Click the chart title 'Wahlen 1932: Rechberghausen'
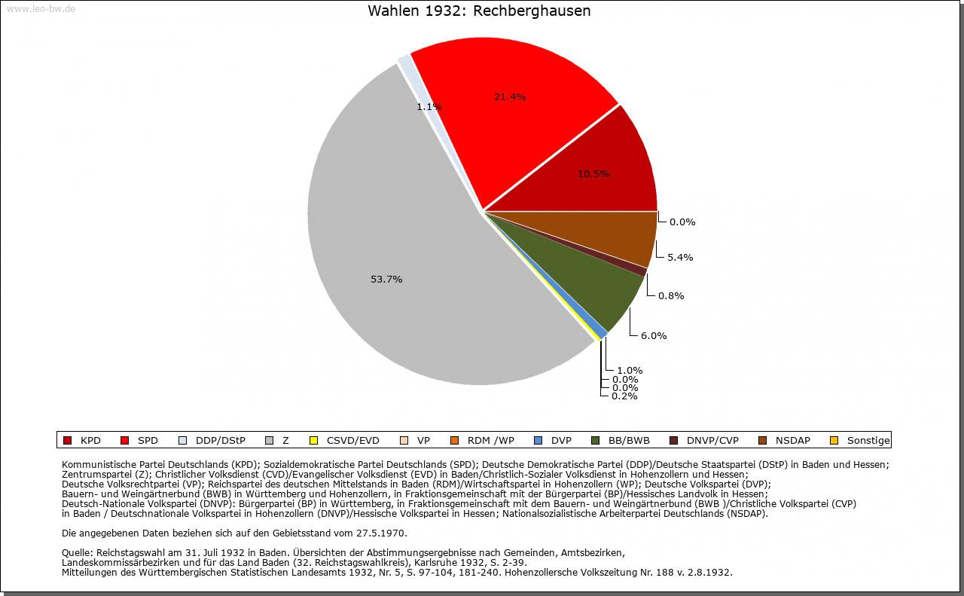[x=479, y=11]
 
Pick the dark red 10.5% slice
[x=602, y=173]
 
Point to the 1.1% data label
[x=429, y=107]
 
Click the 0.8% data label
[x=671, y=296]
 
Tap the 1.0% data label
[x=630, y=370]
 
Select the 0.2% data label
[x=624, y=396]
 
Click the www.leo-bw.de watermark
[x=41, y=9]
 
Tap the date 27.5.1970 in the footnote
[x=382, y=533]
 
